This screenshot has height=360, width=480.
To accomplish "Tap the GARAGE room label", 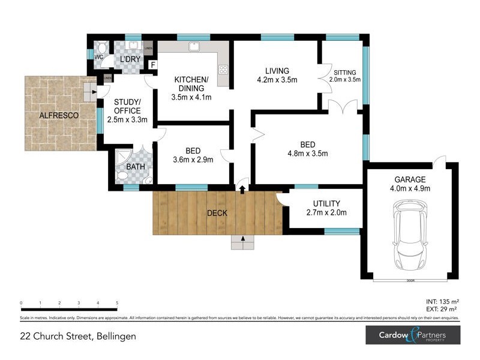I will point(410,179).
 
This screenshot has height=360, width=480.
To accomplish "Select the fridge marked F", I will point(153,65).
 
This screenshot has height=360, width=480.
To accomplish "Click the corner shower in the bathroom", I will point(123,158).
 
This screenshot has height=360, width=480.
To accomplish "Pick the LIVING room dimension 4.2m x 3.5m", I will point(277,80).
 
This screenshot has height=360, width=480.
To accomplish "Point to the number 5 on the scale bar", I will point(116,304).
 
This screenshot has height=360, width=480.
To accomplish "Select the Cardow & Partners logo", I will point(413,335).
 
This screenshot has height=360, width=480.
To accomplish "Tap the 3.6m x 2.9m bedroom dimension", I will point(193,160).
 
